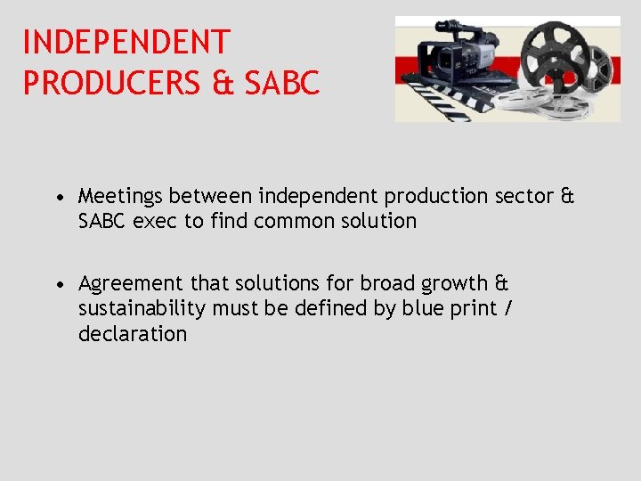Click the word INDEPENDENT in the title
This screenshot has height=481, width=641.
(126, 42)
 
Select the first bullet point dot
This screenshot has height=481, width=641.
(57, 196)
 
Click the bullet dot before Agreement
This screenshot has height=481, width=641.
(57, 284)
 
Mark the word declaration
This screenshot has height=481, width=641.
(133, 335)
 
